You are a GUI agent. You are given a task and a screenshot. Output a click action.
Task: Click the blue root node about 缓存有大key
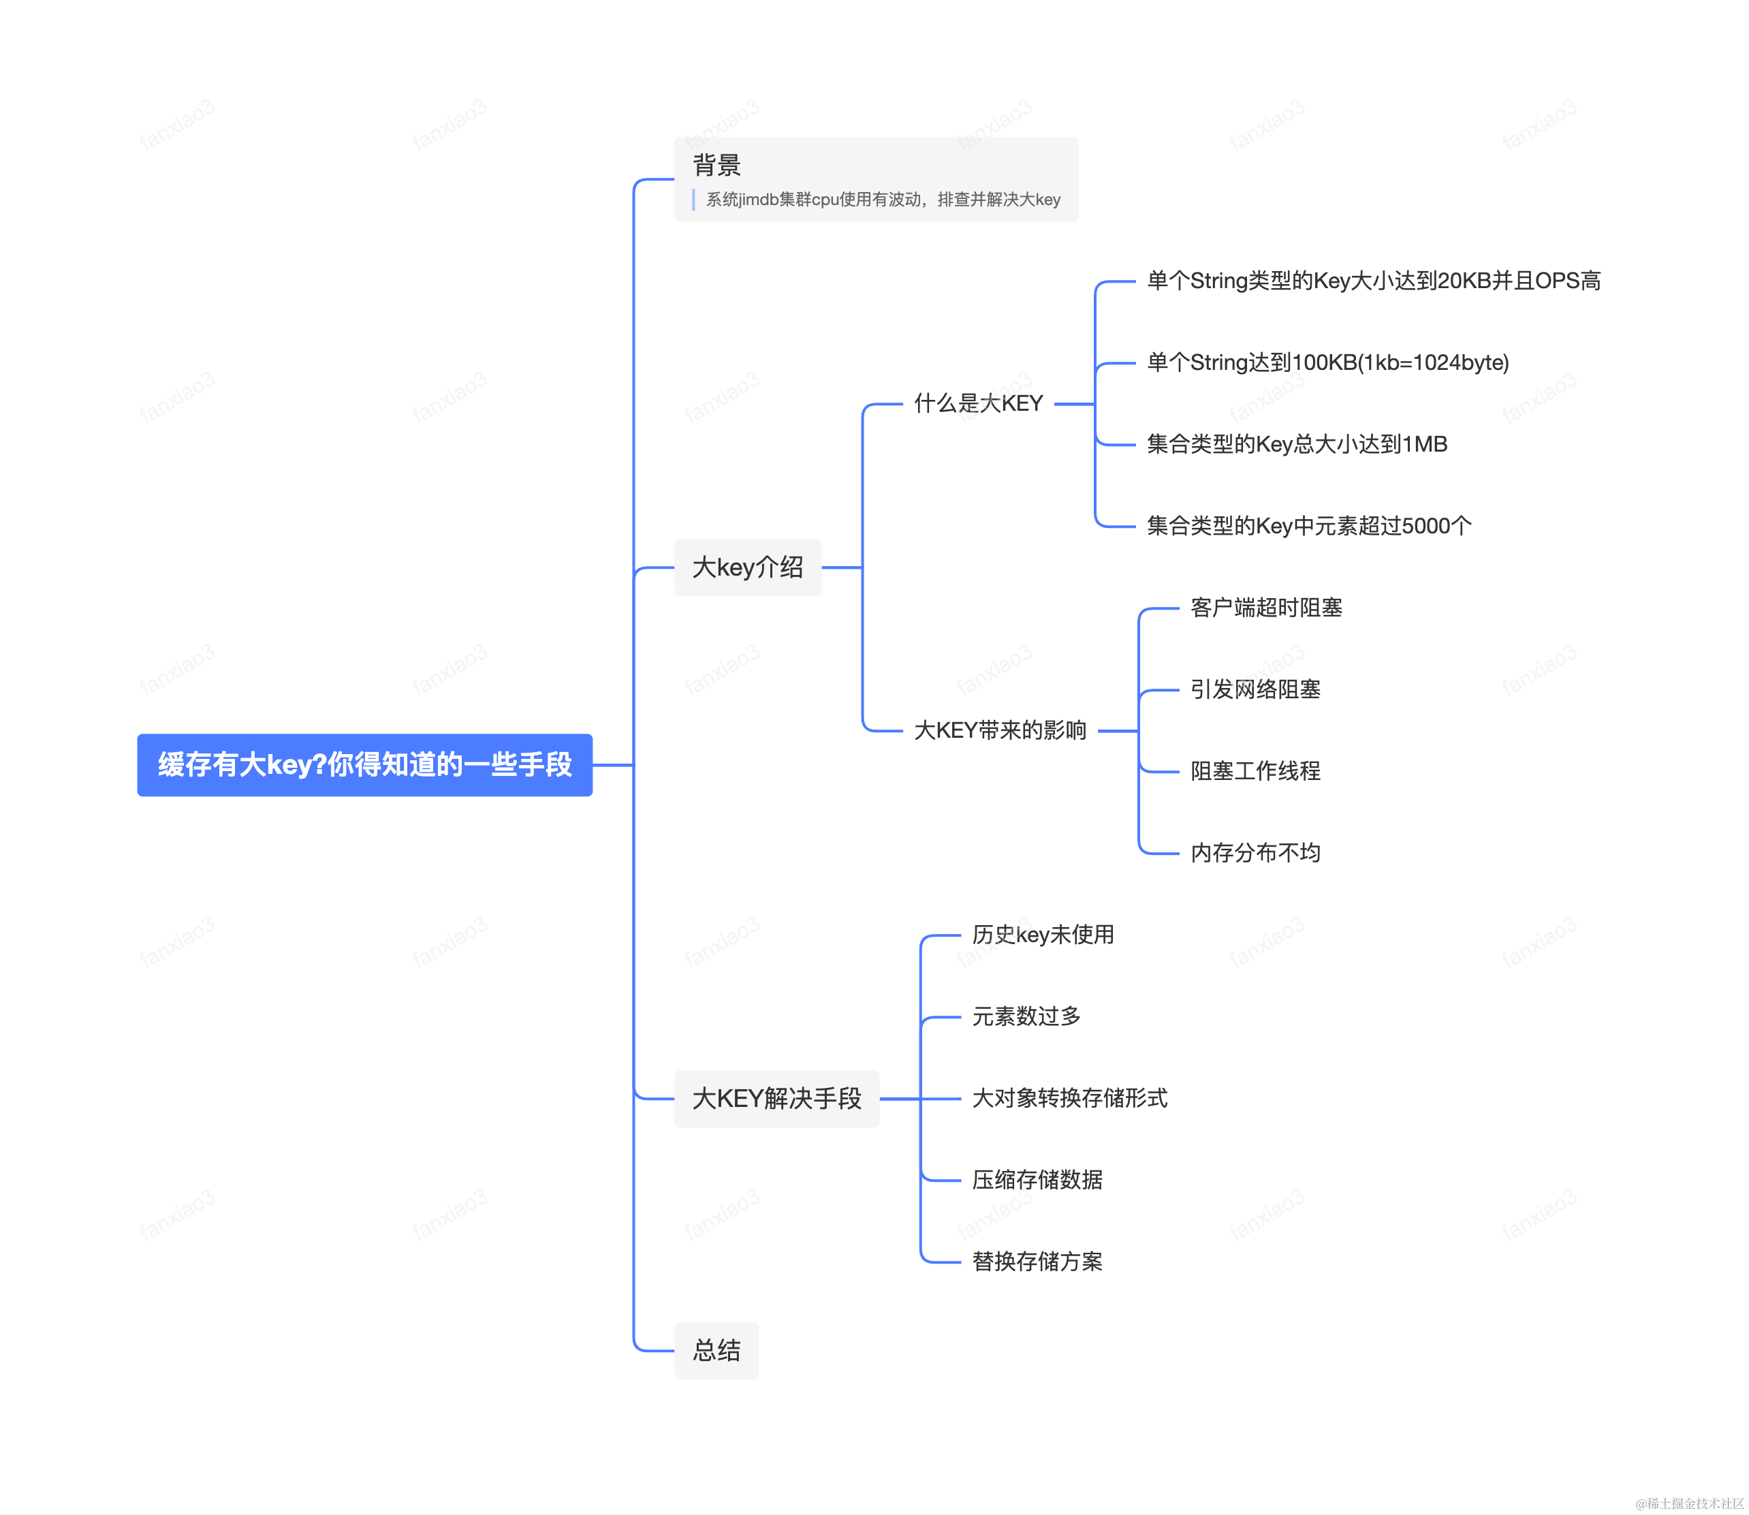point(364,764)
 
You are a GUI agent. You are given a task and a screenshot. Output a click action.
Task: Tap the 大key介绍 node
point(747,567)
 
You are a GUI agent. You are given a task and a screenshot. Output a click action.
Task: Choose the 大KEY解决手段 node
point(776,1098)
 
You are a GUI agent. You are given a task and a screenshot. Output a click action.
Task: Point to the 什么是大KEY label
point(978,403)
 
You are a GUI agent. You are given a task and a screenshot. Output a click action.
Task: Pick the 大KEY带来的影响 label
point(1000,730)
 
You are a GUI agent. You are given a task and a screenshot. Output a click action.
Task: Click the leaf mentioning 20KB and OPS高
point(1373,281)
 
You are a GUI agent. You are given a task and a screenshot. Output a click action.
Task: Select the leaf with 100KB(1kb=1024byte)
point(1327,362)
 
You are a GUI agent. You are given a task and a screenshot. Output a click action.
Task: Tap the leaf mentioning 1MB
point(1297,444)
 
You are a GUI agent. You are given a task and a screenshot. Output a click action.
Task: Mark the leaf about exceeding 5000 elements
point(1308,526)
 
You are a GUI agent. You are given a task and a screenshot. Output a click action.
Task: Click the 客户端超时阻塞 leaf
point(1265,608)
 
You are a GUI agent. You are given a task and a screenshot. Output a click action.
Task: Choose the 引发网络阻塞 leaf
point(1255,689)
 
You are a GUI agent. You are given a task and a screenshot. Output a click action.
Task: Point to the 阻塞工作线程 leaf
point(1255,771)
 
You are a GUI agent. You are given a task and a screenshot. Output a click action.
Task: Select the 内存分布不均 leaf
point(1255,852)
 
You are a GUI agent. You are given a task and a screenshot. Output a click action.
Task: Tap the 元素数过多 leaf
point(1026,1016)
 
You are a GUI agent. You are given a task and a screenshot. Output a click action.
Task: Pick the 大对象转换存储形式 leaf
point(1069,1097)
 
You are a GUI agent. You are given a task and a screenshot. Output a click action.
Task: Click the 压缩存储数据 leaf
point(1037,1179)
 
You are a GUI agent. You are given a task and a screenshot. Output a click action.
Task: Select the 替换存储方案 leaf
point(1037,1262)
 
